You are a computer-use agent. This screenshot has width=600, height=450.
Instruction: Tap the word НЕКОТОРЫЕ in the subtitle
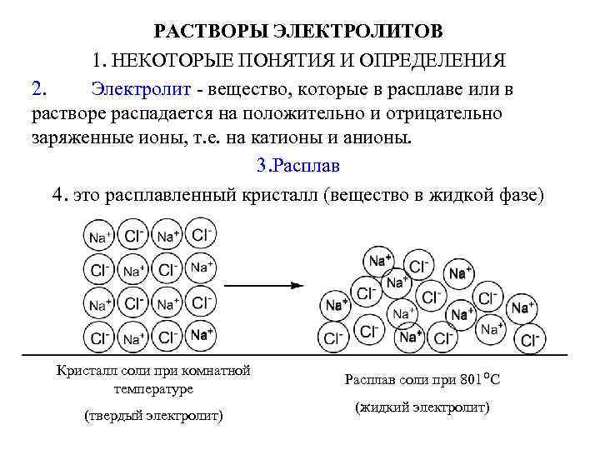[x=171, y=61]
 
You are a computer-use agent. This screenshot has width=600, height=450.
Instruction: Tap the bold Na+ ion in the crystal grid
[x=201, y=336]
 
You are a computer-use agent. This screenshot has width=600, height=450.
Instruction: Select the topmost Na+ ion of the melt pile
[x=378, y=260]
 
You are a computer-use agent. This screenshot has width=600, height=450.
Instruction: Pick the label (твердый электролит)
[x=153, y=415]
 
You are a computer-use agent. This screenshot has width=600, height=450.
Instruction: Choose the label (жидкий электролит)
[x=422, y=408]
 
